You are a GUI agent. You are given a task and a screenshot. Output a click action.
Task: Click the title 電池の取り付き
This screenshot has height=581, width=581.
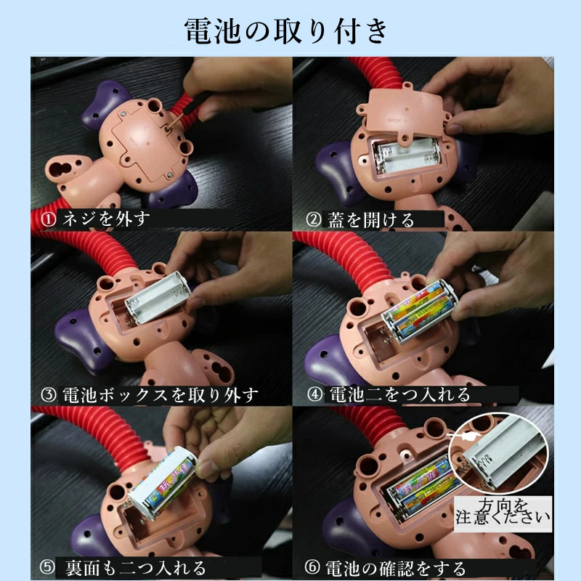coord(285,31)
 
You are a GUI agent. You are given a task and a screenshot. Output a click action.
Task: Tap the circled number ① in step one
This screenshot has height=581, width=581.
coord(48,219)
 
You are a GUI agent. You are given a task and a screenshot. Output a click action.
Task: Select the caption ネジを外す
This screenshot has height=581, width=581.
coord(106,219)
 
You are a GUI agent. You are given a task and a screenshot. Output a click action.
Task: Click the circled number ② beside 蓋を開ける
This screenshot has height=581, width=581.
coord(314,219)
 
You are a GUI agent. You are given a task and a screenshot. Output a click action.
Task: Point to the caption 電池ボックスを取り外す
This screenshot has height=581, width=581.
coord(160,395)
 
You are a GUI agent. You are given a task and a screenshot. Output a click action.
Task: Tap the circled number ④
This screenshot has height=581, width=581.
coord(315,394)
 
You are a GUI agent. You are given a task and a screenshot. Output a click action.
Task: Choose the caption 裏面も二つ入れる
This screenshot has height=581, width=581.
coord(136,568)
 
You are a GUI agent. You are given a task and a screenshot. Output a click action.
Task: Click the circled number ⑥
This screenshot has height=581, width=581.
coord(312,566)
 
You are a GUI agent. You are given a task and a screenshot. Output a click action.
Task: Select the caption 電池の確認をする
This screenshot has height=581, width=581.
coord(395,568)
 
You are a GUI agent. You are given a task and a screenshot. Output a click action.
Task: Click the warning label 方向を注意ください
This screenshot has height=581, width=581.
coord(503,513)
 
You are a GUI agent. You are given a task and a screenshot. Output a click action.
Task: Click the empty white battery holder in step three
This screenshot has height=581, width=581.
coord(158,297)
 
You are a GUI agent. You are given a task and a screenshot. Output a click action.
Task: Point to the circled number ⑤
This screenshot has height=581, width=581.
coord(47,567)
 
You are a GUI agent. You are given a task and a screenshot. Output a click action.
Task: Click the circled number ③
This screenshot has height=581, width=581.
coord(48,394)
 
